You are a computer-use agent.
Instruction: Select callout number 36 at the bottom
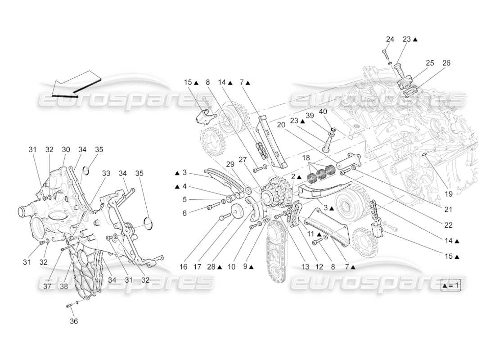[x=73, y=321]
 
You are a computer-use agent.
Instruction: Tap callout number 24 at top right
[x=390, y=40]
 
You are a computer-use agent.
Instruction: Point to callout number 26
[x=446, y=63]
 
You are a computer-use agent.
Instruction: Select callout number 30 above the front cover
[x=66, y=149]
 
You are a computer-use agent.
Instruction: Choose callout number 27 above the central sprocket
[x=243, y=159]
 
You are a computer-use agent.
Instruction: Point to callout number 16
[x=183, y=267]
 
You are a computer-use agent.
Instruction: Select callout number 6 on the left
[x=184, y=213]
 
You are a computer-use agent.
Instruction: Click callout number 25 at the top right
[x=430, y=63]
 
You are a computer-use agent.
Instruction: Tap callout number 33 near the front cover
[x=106, y=172]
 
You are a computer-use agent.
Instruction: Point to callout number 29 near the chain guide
[x=230, y=165]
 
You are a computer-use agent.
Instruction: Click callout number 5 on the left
[x=184, y=200]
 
